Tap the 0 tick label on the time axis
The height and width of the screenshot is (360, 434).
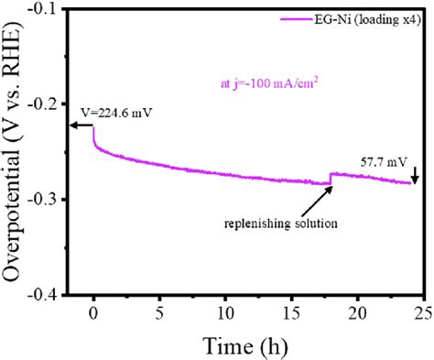pyautogui.click(x=93, y=311)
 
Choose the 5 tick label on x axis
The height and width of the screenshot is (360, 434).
pyautogui.click(x=159, y=311)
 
